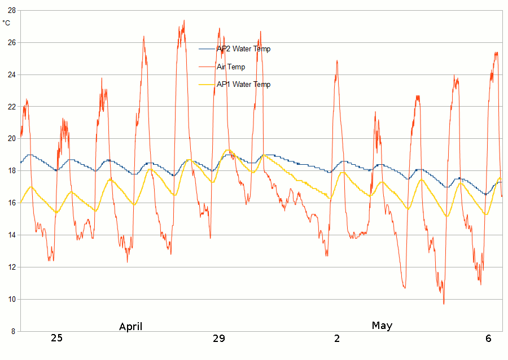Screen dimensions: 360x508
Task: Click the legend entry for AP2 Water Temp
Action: pyautogui.click(x=243, y=49)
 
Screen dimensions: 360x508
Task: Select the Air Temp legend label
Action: pyautogui.click(x=231, y=67)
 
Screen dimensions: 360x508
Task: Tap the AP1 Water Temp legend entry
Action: pyautogui.click(x=243, y=85)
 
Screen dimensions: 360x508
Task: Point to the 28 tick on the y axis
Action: pyautogui.click(x=11, y=10)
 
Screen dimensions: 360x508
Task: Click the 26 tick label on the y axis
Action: pyautogui.click(x=11, y=42)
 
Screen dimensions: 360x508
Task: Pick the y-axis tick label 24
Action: pyautogui.click(x=11, y=74)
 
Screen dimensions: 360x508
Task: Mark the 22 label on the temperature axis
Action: pyautogui.click(x=11, y=107)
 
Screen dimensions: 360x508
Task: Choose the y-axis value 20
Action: pyautogui.click(x=11, y=139)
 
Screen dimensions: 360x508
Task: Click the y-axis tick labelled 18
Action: pyautogui.click(x=11, y=171)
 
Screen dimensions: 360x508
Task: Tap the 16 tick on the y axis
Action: pyautogui.click(x=11, y=203)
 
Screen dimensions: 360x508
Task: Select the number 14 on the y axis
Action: pyautogui.click(x=11, y=235)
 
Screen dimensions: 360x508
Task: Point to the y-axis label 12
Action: pyautogui.click(x=11, y=267)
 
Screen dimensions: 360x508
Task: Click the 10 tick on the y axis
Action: pyautogui.click(x=11, y=299)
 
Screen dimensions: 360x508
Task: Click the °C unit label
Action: pyautogui.click(x=6, y=23)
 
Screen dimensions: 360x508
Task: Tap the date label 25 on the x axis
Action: pyautogui.click(x=56, y=339)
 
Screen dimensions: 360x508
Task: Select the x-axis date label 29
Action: pyautogui.click(x=218, y=339)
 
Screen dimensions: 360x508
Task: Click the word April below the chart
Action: pyautogui.click(x=130, y=327)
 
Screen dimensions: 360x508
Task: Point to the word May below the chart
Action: pyautogui.click(x=382, y=326)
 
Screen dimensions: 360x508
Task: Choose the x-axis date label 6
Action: pyautogui.click(x=489, y=339)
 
